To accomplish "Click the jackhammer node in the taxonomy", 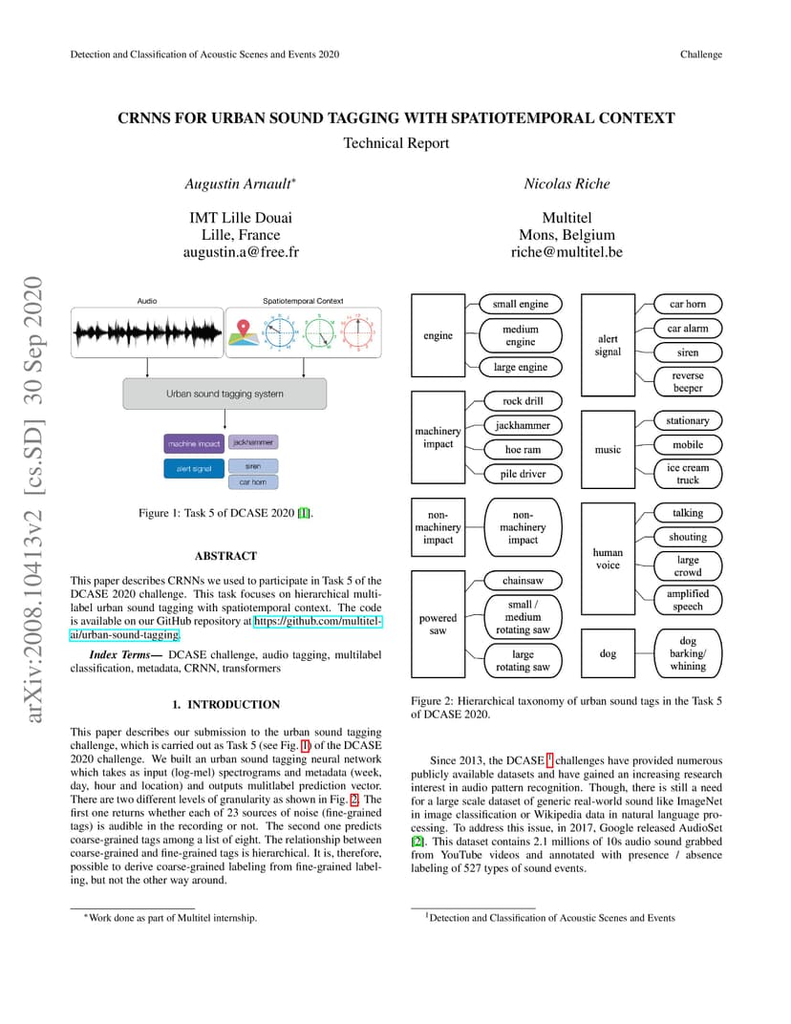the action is (x=523, y=425).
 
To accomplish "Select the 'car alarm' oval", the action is (x=687, y=329).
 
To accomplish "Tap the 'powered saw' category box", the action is (x=438, y=625).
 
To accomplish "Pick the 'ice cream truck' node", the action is (x=687, y=474).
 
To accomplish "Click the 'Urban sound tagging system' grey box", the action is (x=224, y=394).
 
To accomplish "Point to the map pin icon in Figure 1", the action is (x=243, y=331).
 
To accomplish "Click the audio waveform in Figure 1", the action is (x=147, y=332).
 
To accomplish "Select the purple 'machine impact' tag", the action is (x=194, y=443).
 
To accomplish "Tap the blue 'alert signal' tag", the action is (x=194, y=468).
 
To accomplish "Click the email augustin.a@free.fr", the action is (x=241, y=252).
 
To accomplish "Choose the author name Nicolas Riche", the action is (x=567, y=184).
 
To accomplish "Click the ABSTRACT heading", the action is (x=225, y=556).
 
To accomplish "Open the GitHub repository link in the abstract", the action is (x=225, y=628).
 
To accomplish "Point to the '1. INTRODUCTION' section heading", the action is (x=225, y=705).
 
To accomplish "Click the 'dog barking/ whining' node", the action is (x=687, y=653).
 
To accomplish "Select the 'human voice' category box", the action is (x=608, y=559).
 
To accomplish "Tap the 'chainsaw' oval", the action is (x=523, y=581).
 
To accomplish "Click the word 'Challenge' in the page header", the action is (x=701, y=54).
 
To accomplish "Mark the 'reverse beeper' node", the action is (x=687, y=382).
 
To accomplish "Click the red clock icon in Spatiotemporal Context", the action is (x=358, y=332).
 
